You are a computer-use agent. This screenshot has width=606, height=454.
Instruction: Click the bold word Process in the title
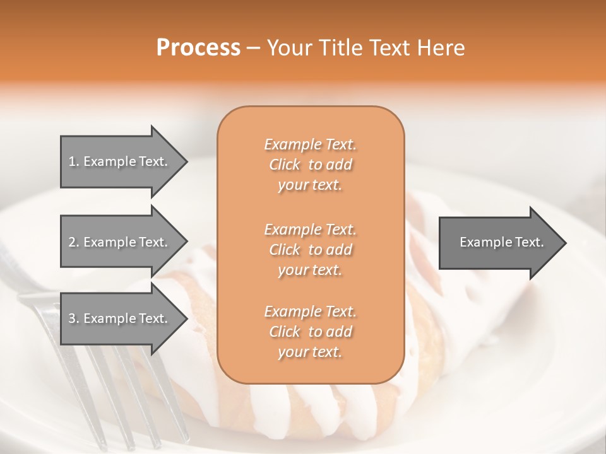[x=198, y=48]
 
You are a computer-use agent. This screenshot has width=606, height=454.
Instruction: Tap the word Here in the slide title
[x=441, y=48]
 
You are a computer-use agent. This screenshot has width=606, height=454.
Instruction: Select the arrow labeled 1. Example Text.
[x=120, y=161]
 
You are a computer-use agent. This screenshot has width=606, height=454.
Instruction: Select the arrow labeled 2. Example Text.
[x=120, y=242]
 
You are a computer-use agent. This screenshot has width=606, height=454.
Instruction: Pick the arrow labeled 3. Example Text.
[x=120, y=319]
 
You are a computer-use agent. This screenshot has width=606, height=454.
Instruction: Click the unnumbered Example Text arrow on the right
[x=501, y=242]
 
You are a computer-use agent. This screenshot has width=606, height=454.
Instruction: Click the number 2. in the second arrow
[x=74, y=242]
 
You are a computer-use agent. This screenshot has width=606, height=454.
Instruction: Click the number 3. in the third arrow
[x=74, y=319]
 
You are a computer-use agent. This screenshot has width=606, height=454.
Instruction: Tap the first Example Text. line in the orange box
[x=310, y=144]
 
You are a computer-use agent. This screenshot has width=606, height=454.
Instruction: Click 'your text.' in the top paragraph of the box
[x=310, y=185]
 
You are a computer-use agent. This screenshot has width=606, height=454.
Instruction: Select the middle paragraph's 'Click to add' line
[x=310, y=250]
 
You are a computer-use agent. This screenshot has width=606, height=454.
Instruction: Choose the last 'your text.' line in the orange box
[x=310, y=352]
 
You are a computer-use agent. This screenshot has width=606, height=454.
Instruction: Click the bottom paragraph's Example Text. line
[x=310, y=311]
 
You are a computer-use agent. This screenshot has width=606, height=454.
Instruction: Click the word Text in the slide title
[x=387, y=48]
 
